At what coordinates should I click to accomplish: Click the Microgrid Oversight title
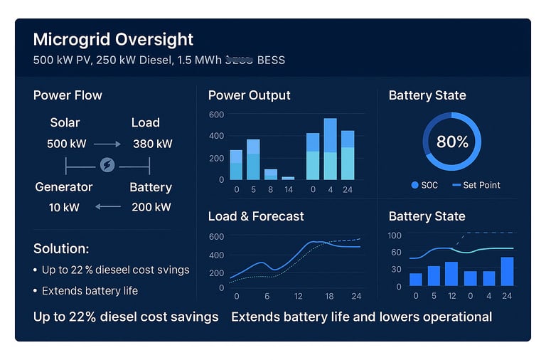click(113, 39)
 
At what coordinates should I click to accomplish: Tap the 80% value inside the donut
click(452, 142)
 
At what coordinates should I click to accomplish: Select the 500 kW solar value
click(66, 144)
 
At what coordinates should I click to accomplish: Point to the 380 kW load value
click(152, 144)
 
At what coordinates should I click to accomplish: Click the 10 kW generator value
click(64, 207)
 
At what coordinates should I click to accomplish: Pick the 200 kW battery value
click(151, 207)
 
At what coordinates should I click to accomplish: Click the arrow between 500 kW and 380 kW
click(107, 144)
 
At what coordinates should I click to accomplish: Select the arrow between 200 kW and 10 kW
click(107, 207)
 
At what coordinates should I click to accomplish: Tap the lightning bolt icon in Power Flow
click(107, 165)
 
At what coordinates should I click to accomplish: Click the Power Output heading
click(249, 95)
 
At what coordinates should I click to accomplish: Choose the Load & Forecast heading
click(255, 216)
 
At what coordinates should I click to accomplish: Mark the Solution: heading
click(61, 249)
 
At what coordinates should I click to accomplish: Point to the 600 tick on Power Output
click(216, 115)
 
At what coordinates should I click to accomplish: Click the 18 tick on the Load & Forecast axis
click(329, 296)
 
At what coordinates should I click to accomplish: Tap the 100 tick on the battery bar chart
click(395, 235)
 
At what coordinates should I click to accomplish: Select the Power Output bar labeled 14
click(288, 178)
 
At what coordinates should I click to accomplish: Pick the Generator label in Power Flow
click(64, 187)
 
